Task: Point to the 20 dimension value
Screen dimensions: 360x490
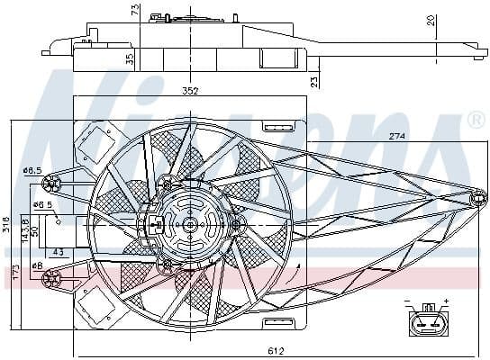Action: coord(432,20)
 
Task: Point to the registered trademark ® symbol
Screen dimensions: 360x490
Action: coord(475,121)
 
